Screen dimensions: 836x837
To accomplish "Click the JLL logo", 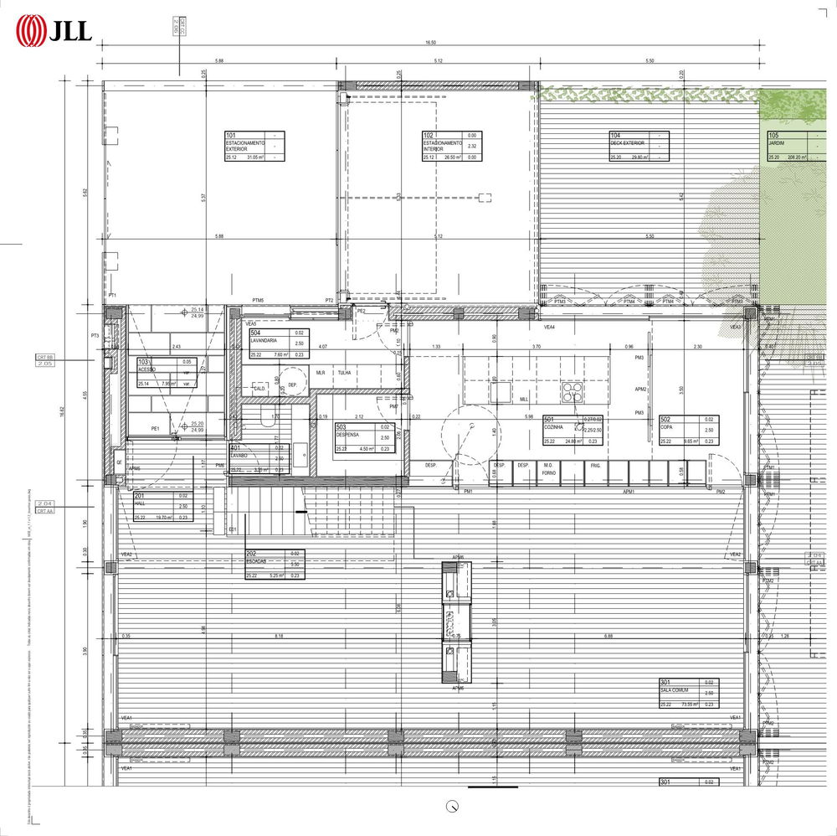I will point(54,31).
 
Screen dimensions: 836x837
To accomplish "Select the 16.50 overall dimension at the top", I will point(431,43).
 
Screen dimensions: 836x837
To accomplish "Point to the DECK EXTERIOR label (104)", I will point(639,147).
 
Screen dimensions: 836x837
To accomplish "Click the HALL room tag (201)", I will point(162,507).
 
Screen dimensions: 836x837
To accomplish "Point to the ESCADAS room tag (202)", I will point(275,564).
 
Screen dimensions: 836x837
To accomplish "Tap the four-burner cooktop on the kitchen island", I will point(573,391).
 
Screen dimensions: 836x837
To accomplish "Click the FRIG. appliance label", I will point(595,466).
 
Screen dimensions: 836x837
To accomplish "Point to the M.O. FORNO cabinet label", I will point(548,468).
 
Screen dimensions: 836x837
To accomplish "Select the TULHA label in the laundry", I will point(344,372).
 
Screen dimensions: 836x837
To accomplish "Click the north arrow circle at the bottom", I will point(453,807).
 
